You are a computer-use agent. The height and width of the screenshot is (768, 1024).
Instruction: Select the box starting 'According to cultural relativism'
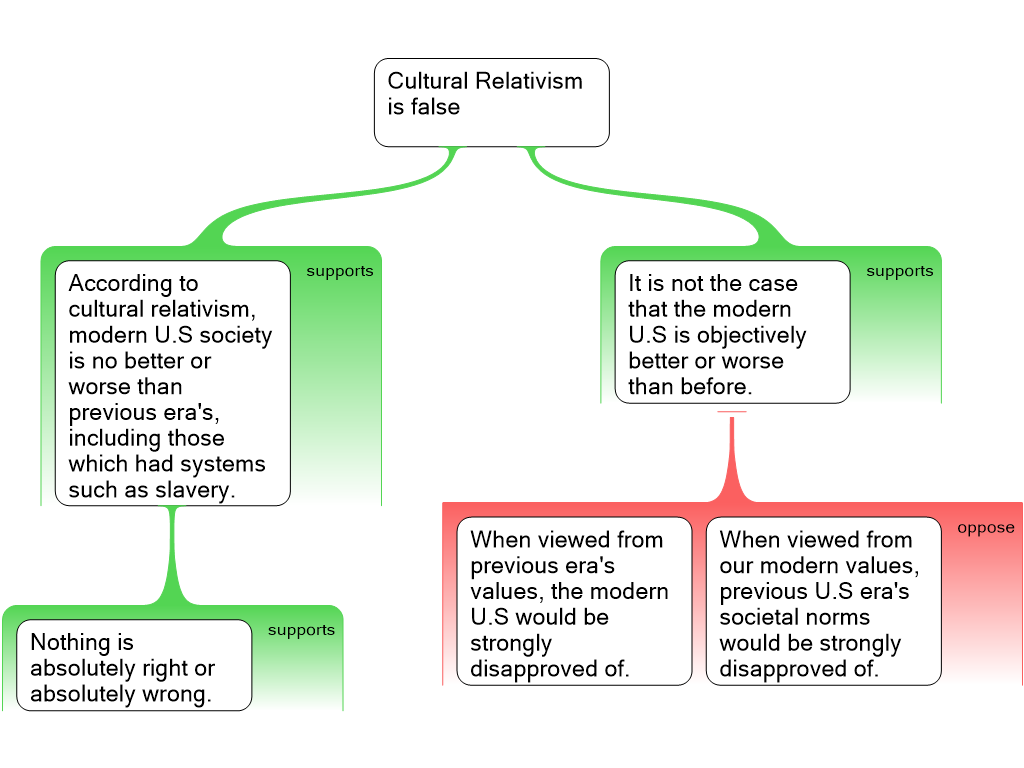click(x=172, y=384)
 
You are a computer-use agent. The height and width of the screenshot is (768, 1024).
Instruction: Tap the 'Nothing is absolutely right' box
click(x=133, y=665)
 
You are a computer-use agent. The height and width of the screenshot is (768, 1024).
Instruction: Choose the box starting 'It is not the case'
click(x=732, y=332)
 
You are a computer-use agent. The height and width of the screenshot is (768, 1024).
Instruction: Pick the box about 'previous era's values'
click(x=574, y=601)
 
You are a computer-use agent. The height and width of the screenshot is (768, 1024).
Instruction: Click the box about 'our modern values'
click(x=823, y=601)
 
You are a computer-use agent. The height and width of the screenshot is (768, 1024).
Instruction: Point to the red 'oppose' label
click(x=985, y=528)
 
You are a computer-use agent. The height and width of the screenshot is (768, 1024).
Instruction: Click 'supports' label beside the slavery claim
click(x=340, y=271)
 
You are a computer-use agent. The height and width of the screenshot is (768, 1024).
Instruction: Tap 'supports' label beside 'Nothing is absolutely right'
click(x=301, y=630)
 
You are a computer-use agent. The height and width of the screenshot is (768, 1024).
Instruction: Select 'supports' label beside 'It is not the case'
click(x=899, y=271)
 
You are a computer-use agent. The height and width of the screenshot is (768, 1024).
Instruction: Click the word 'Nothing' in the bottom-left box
click(x=68, y=642)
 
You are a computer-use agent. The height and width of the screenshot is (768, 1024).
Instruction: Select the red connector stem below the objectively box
click(x=733, y=455)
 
